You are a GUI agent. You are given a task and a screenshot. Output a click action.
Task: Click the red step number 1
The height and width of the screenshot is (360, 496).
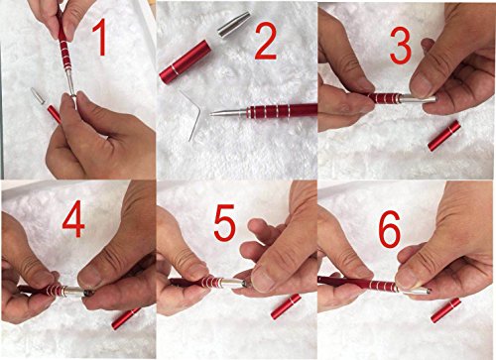point(99,37)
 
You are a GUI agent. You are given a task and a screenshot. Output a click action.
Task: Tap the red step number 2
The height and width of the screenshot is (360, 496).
point(266,43)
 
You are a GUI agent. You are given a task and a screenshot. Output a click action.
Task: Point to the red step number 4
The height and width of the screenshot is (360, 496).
point(73,219)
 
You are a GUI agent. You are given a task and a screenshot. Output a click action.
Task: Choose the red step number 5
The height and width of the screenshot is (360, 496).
point(224,222)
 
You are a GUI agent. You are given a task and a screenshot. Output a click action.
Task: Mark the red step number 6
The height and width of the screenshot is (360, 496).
point(389,229)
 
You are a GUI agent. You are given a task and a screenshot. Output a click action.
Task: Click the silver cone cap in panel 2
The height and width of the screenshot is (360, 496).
point(234,24)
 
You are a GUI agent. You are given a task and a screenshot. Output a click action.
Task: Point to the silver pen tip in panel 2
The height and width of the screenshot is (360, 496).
point(228,112)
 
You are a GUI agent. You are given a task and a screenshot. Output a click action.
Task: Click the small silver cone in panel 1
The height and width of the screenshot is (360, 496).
point(38,95)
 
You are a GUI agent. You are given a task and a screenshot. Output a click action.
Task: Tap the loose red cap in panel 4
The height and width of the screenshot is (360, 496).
point(126,318)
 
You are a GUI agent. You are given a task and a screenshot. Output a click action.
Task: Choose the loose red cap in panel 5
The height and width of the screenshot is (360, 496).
point(286,306)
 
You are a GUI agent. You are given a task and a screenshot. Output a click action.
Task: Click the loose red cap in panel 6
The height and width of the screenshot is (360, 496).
point(445,310)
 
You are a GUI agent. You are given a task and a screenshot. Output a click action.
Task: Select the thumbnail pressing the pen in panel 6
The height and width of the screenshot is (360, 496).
point(409,278)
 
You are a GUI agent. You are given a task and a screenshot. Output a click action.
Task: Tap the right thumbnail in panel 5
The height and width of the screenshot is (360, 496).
point(262,279)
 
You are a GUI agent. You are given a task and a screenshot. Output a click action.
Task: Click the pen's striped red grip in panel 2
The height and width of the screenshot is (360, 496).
point(270,111)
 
